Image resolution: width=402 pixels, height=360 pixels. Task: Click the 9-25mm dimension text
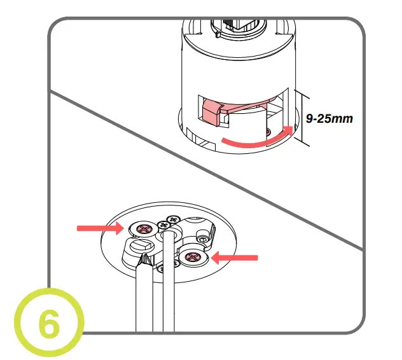click(x=329, y=118)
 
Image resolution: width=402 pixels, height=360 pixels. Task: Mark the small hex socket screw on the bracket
click(x=202, y=239)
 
